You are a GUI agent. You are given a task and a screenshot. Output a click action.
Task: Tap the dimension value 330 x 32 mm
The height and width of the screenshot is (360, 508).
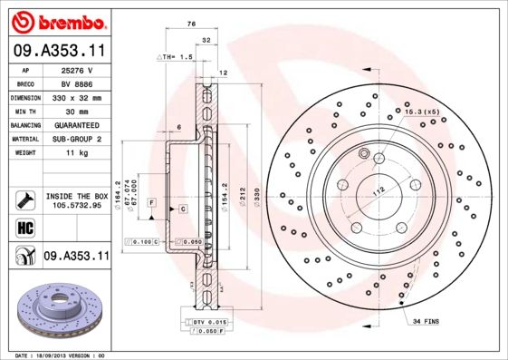76,96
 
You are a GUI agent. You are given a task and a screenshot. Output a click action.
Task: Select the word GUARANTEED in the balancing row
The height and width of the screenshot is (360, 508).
76,125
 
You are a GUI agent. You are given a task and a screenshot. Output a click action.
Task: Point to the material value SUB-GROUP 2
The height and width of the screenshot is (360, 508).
76,139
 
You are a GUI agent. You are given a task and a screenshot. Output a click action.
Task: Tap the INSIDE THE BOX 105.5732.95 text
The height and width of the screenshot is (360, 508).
76,201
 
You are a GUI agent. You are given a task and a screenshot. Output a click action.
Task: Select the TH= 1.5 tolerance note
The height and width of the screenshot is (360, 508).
177,57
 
